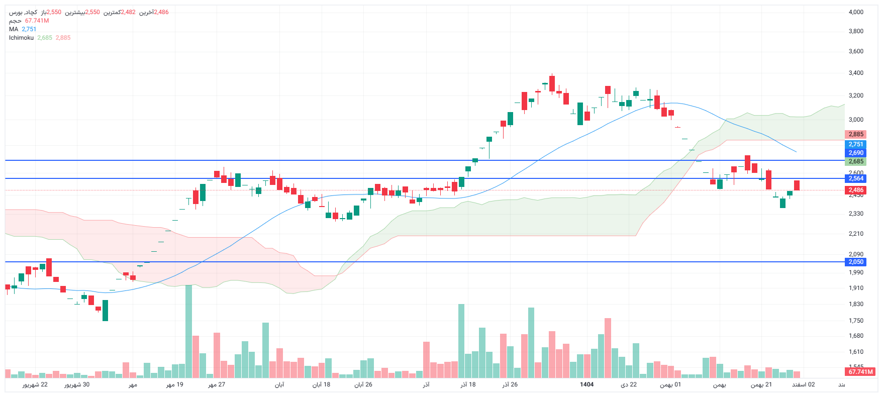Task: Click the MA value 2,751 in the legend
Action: (x=29, y=29)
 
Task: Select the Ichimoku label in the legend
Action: (x=21, y=38)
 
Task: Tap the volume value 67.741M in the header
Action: (x=37, y=21)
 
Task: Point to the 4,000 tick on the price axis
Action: (x=856, y=12)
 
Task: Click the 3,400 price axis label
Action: (x=856, y=73)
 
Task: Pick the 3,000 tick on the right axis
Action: (x=856, y=120)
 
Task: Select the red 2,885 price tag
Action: (x=856, y=134)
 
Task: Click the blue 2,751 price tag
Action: (x=856, y=144)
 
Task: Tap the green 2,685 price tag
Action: (x=856, y=161)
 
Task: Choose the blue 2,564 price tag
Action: (x=856, y=178)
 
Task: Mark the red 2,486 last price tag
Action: (x=856, y=190)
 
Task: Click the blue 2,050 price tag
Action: (x=856, y=262)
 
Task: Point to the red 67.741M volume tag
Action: (x=861, y=372)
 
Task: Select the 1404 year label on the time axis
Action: (x=586, y=384)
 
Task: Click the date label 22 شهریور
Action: (x=35, y=384)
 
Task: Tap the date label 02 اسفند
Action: (x=804, y=384)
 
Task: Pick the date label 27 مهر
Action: (x=217, y=384)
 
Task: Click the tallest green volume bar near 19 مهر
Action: (x=188, y=332)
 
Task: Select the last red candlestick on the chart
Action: (x=797, y=185)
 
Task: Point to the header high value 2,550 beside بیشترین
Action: (x=92, y=12)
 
